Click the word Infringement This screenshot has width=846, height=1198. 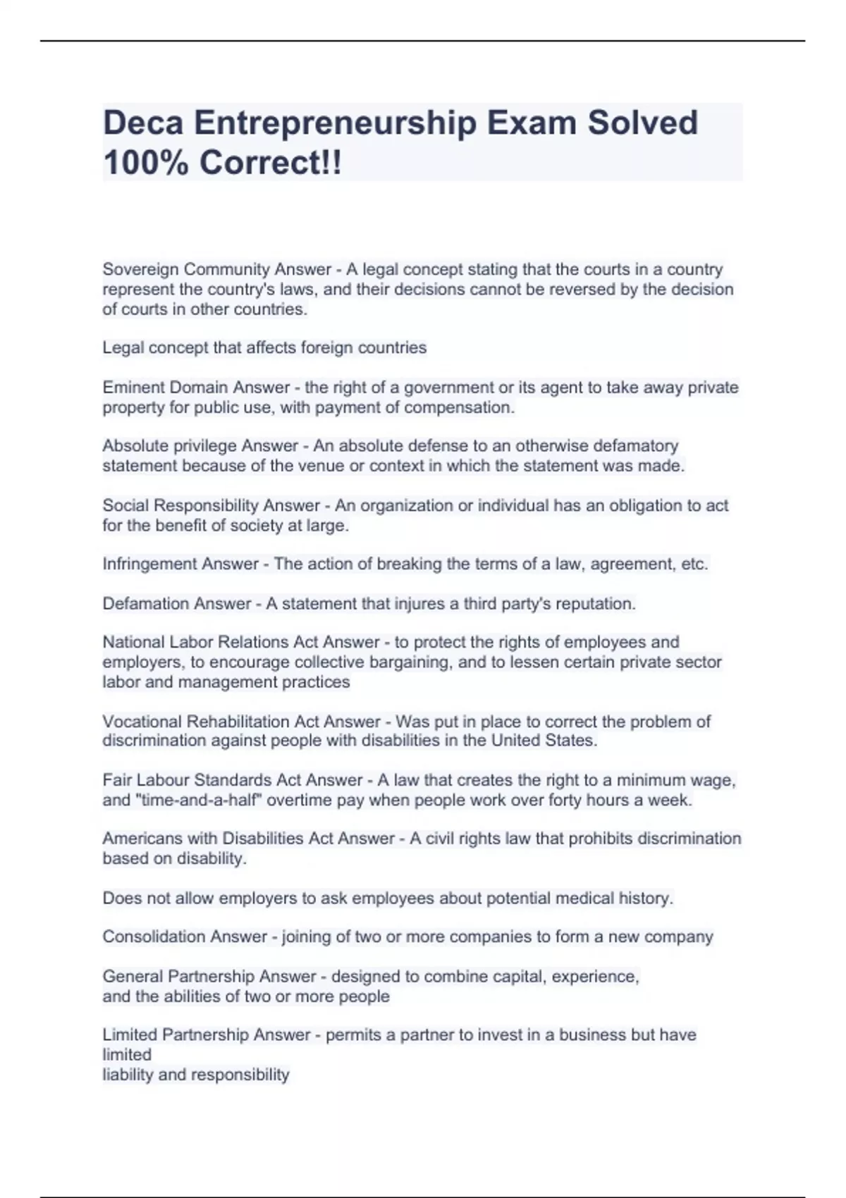click(x=145, y=564)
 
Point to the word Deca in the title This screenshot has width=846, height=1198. click(x=143, y=123)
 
